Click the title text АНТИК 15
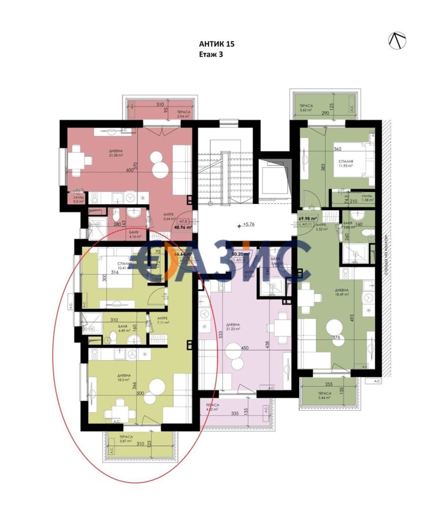coord(217,44)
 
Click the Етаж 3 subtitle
coord(211,54)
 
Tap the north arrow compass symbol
coord(397,40)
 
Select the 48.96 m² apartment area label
coord(183,228)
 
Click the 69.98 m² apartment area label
coord(308,219)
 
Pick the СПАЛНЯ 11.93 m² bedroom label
coord(346,164)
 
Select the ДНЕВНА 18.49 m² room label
coord(342,292)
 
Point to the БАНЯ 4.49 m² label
coord(111,329)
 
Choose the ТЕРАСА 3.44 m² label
coord(325,396)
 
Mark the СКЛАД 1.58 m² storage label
coord(361,198)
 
